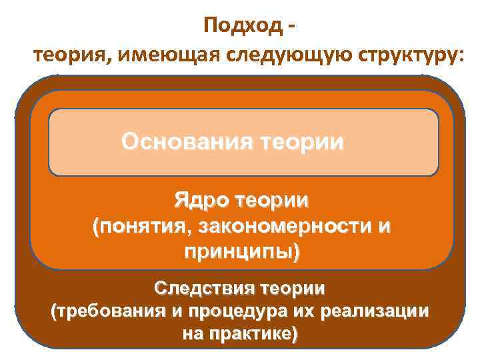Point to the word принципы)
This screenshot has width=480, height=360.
241,253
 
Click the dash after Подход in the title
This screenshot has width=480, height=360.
291,28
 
